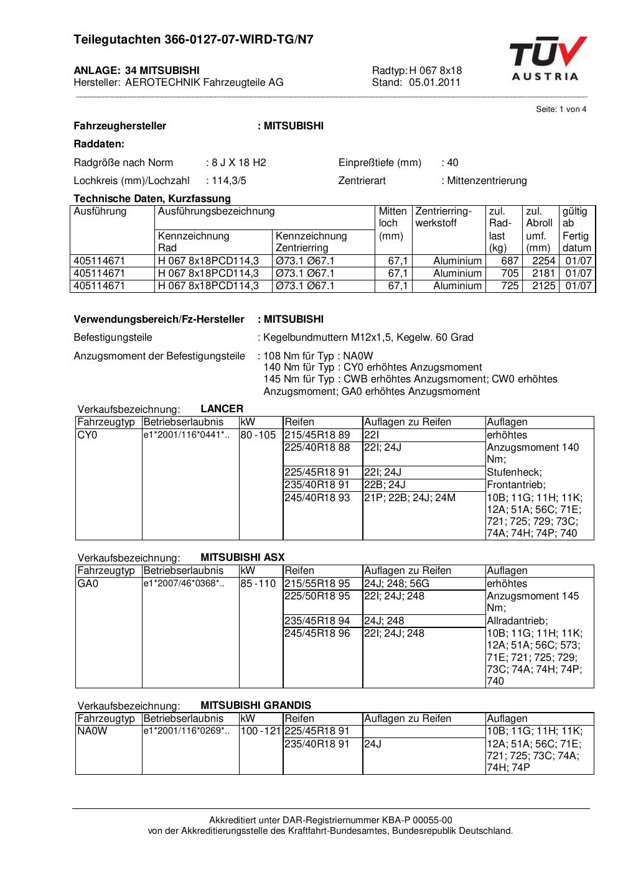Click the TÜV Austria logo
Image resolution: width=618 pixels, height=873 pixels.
548,59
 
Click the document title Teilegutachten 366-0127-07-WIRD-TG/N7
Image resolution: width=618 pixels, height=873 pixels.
194,40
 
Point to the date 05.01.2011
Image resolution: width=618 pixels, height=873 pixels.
434,82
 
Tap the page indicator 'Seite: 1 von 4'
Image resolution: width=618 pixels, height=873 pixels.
561,109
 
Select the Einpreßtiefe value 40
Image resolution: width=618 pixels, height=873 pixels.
452,163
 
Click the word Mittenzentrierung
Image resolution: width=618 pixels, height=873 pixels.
487,181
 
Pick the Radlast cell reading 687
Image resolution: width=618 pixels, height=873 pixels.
510,261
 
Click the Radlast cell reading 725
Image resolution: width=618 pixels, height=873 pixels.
510,286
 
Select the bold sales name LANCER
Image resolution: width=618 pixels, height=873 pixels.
222,409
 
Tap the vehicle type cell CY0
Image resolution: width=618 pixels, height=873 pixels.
87,435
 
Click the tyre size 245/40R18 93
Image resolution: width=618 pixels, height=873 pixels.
317,498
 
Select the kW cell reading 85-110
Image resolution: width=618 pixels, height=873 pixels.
258,584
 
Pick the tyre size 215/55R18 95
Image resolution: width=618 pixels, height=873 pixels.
317,584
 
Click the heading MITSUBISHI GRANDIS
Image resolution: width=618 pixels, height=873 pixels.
256,705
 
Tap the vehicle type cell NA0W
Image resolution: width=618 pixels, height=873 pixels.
92,731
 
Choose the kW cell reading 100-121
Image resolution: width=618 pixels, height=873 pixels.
261,731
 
